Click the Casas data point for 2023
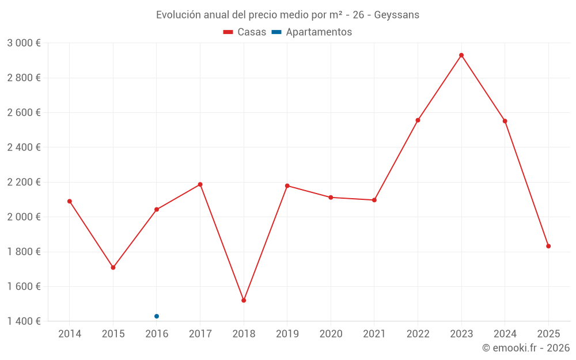coord(461,55)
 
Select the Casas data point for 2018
coord(244,300)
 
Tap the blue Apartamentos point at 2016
coord(157,316)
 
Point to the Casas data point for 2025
coord(548,246)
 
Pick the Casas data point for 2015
coord(113,267)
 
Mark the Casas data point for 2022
coord(418,120)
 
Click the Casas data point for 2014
coord(70,201)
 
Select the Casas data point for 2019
coord(287,185)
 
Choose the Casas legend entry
coord(245,32)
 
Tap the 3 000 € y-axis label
coord(24,43)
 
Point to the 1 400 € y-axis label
coord(24,321)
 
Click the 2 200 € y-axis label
coord(24,182)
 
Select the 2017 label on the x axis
coord(200,334)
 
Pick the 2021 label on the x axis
coord(374,334)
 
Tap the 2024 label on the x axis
coord(505,334)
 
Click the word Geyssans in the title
coord(396,15)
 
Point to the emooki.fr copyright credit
coord(525,348)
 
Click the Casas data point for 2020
coord(331,198)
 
